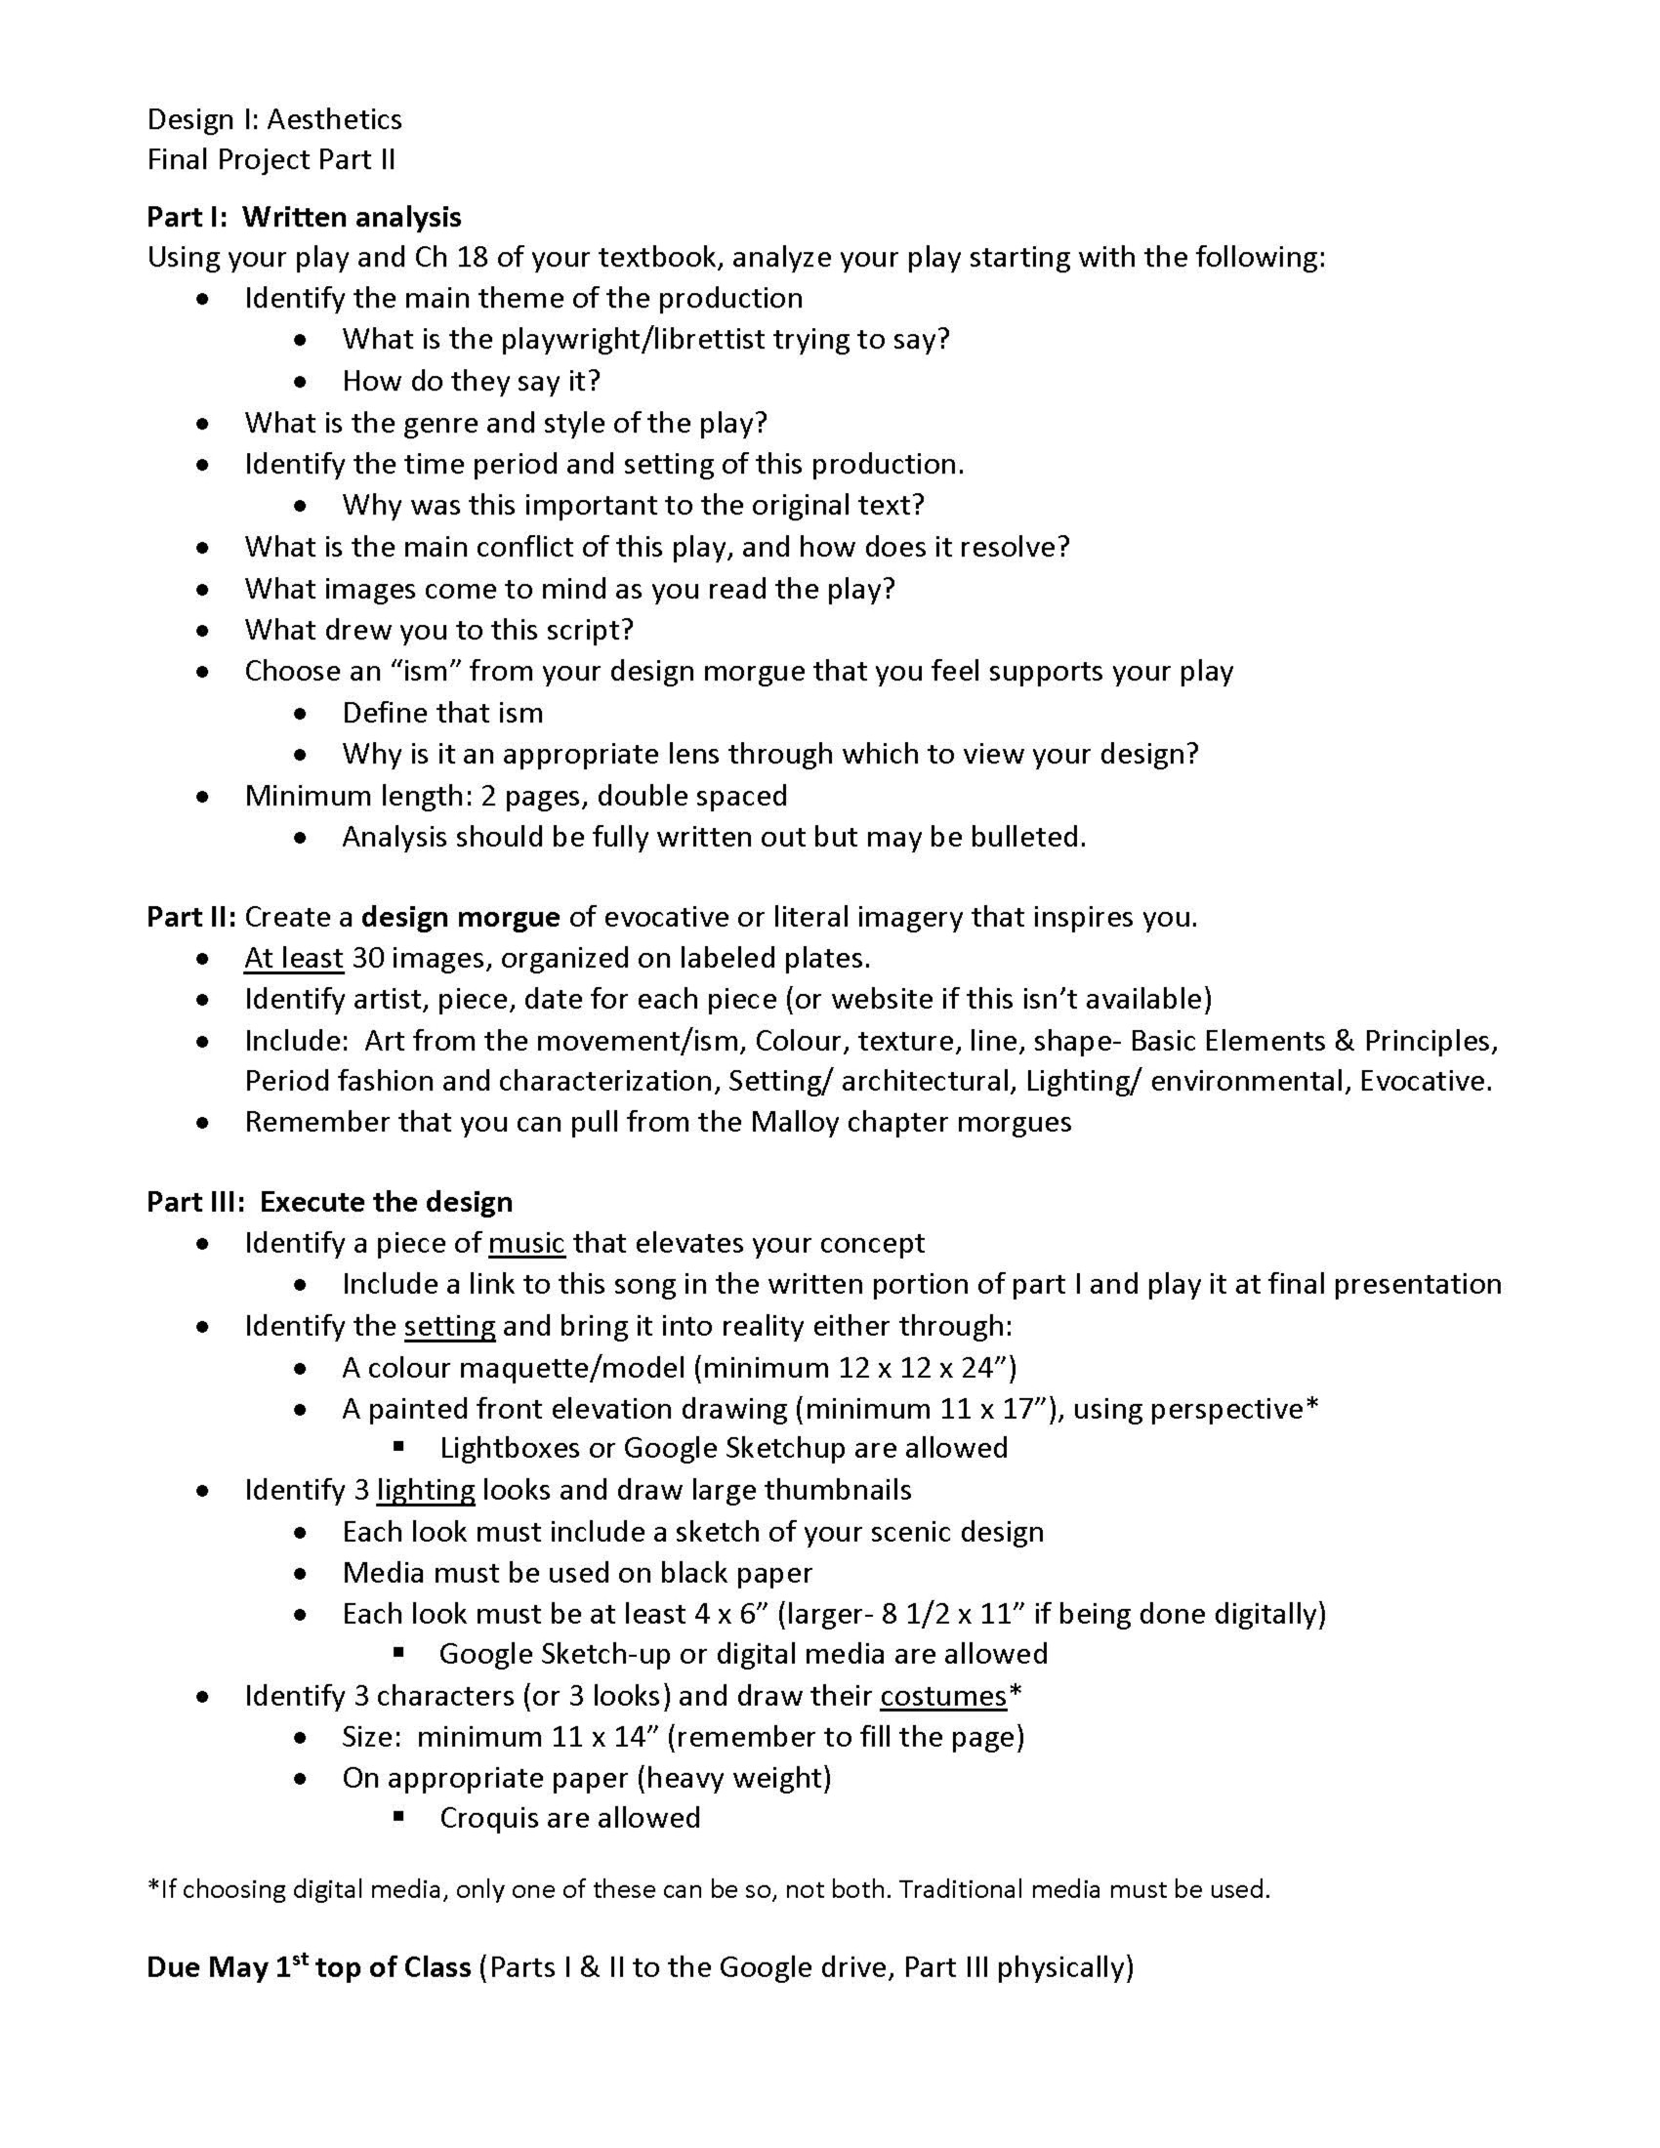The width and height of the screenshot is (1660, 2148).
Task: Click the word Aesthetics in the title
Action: click(334, 120)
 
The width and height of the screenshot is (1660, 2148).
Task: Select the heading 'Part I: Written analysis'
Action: click(304, 217)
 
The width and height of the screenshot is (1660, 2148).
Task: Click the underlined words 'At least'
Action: click(293, 958)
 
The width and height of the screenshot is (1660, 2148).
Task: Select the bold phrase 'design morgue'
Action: click(460, 917)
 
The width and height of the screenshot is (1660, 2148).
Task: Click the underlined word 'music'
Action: click(526, 1243)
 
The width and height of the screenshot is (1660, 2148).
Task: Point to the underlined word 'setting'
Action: click(449, 1327)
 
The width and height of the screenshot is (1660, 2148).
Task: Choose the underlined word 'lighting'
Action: click(426, 1490)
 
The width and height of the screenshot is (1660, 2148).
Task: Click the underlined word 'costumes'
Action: click(943, 1697)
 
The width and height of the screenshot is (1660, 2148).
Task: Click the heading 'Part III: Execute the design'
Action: click(329, 1202)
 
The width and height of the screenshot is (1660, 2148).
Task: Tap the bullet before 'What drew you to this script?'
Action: click(202, 630)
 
